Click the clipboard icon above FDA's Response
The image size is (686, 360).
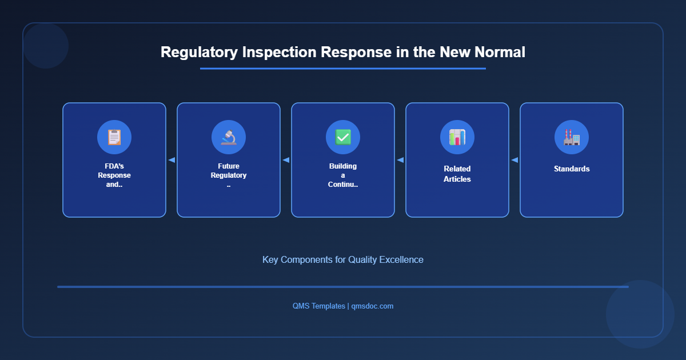pyautogui.click(x=114, y=137)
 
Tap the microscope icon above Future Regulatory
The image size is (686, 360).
pyautogui.click(x=229, y=137)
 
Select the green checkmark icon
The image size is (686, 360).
pyautogui.click(x=343, y=137)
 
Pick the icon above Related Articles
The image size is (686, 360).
pyautogui.click(x=457, y=137)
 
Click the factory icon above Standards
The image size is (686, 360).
pyautogui.click(x=572, y=137)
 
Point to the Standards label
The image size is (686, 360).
pyautogui.click(x=572, y=169)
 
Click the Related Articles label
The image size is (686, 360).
pyautogui.click(x=457, y=174)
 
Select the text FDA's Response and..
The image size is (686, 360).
pyautogui.click(x=114, y=175)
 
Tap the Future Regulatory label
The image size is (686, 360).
pyautogui.click(x=229, y=171)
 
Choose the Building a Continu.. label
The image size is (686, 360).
pyautogui.click(x=343, y=175)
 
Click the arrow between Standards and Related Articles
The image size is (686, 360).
pyautogui.click(x=514, y=160)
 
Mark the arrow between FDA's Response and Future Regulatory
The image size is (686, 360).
pyautogui.click(x=171, y=160)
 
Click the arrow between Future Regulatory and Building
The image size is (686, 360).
pyautogui.click(x=286, y=160)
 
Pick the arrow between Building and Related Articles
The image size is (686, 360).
pyautogui.click(x=400, y=160)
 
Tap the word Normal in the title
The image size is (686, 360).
pyautogui.click(x=499, y=52)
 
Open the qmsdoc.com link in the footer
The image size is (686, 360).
pyautogui.click(x=372, y=306)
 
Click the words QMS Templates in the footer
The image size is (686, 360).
pyautogui.click(x=318, y=306)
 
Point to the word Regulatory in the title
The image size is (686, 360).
pyautogui.click(x=199, y=52)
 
